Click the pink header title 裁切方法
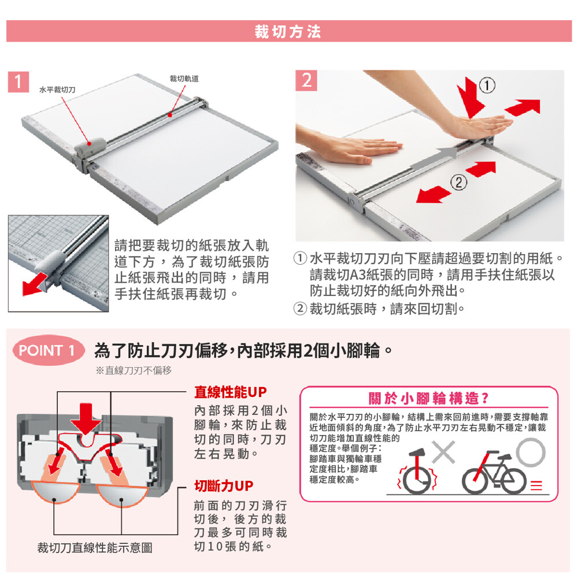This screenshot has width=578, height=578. click(x=287, y=32)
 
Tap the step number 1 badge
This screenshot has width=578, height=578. click(x=18, y=81)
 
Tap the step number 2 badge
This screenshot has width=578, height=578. click(x=306, y=80)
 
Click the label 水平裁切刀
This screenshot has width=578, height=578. click(x=57, y=90)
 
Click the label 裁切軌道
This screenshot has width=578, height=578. click(x=184, y=79)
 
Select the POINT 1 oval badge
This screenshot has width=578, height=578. click(x=48, y=350)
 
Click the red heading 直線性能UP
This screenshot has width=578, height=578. click(x=231, y=392)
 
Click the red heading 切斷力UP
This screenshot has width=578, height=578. click(x=224, y=486)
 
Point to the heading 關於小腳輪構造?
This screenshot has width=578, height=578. click(x=429, y=398)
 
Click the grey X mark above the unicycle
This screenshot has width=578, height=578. click(x=443, y=452)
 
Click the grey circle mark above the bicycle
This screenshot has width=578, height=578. click(x=531, y=453)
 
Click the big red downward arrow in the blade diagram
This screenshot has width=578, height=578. click(x=86, y=419)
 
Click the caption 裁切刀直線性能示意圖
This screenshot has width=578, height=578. click(x=95, y=548)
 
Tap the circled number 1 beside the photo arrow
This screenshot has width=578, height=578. click(x=487, y=86)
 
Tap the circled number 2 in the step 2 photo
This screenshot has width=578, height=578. click(x=458, y=183)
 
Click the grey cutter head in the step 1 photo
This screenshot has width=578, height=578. click(x=90, y=146)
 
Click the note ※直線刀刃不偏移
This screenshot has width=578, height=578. click(x=134, y=370)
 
